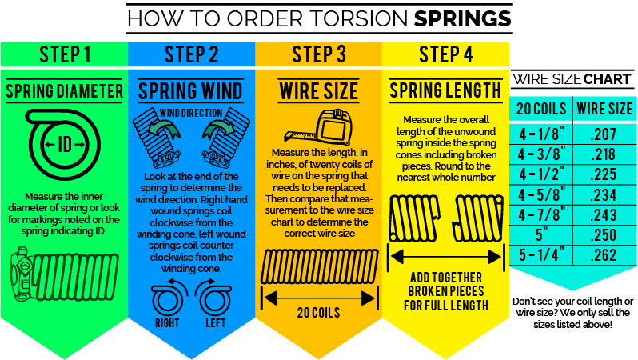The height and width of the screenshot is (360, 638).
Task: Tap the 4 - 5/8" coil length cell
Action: (x=540, y=195)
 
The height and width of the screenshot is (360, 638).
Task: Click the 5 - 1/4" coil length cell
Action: (x=540, y=256)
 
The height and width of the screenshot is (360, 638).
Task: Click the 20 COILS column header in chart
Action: (x=540, y=108)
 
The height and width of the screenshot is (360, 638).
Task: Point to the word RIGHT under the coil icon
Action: (x=168, y=322)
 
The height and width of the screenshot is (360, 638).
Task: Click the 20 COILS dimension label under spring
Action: (x=318, y=311)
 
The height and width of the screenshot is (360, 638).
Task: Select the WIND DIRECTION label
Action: (x=190, y=112)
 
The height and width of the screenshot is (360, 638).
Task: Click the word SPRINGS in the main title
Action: (x=462, y=17)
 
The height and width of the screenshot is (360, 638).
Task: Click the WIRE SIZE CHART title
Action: (x=572, y=79)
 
